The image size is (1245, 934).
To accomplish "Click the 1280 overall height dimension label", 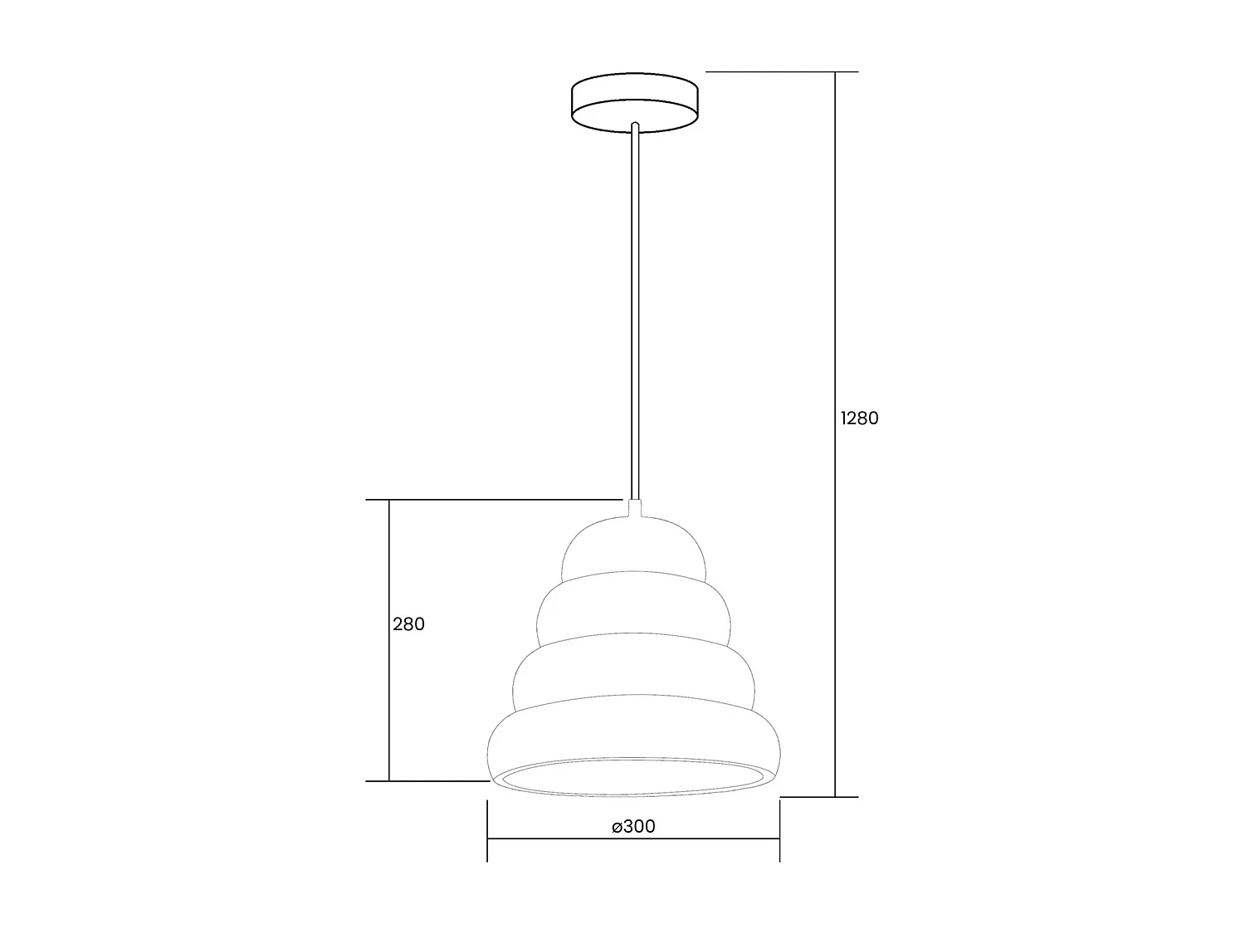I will [859, 418].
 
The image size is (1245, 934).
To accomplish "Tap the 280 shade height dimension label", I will [408, 624].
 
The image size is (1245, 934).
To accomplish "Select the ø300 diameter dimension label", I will [633, 827].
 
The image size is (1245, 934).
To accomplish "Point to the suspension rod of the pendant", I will [635, 315].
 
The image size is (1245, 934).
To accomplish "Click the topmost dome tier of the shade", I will [635, 548].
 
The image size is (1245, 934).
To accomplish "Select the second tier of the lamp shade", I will [635, 610].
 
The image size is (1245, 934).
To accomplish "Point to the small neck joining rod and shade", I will [635, 508].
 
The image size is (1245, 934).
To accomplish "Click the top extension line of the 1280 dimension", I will [780, 72].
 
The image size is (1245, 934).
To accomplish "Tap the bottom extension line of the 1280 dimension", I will [818, 797].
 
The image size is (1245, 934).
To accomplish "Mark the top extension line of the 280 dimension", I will [498, 500].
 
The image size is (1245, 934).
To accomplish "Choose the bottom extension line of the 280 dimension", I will [432, 781].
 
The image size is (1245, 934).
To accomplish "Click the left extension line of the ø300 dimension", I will [487, 830].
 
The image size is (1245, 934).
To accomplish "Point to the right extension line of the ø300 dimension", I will [779, 830].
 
